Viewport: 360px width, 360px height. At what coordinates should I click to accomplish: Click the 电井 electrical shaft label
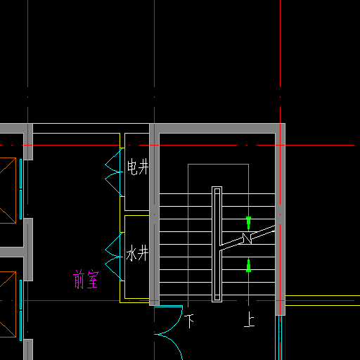(x=138, y=167)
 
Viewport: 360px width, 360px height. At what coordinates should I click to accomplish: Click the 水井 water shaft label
(x=137, y=253)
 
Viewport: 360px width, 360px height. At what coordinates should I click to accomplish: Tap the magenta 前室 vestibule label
(x=86, y=279)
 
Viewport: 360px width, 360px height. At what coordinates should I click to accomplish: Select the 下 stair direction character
(x=189, y=321)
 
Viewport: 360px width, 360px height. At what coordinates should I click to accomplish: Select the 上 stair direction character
(x=249, y=319)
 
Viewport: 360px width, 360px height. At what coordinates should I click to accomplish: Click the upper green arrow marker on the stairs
(x=248, y=223)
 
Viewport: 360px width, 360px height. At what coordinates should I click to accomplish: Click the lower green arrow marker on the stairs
(x=248, y=266)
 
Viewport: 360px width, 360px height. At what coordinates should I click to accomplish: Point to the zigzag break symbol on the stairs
(x=247, y=238)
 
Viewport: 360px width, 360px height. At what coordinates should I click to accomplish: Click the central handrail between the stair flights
(x=217, y=244)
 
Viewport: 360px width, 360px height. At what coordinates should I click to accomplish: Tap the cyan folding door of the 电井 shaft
(x=115, y=172)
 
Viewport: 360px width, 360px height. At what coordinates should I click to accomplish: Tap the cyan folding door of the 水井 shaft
(x=115, y=257)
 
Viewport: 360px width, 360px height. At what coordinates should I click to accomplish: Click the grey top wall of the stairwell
(x=217, y=128)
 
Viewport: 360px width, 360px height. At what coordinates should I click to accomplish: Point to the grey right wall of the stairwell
(x=280, y=219)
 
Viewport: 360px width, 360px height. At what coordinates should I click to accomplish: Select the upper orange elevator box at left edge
(x=8, y=191)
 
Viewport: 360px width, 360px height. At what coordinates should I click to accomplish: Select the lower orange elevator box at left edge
(x=8, y=304)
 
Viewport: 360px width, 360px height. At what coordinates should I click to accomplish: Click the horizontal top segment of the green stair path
(x=218, y=165)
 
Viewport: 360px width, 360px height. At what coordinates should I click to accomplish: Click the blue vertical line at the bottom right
(x=285, y=337)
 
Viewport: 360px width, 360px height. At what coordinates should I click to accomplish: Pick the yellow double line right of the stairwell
(x=323, y=300)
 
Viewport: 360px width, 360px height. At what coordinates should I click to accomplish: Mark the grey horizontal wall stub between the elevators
(x=12, y=252)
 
